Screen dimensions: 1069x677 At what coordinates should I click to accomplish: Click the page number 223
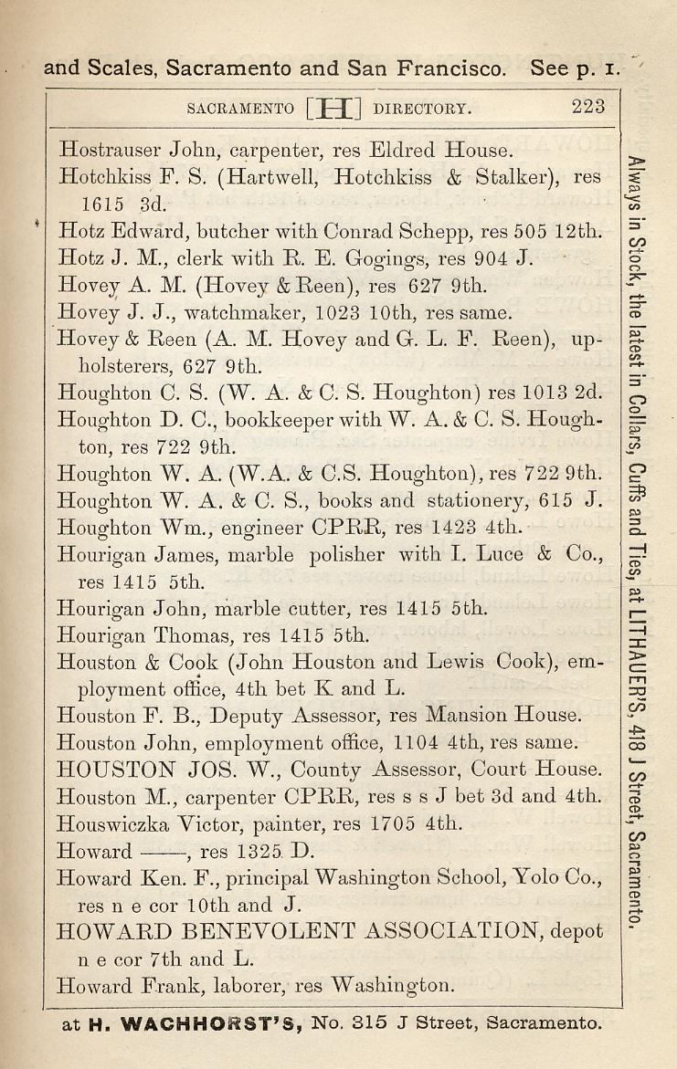(x=588, y=107)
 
